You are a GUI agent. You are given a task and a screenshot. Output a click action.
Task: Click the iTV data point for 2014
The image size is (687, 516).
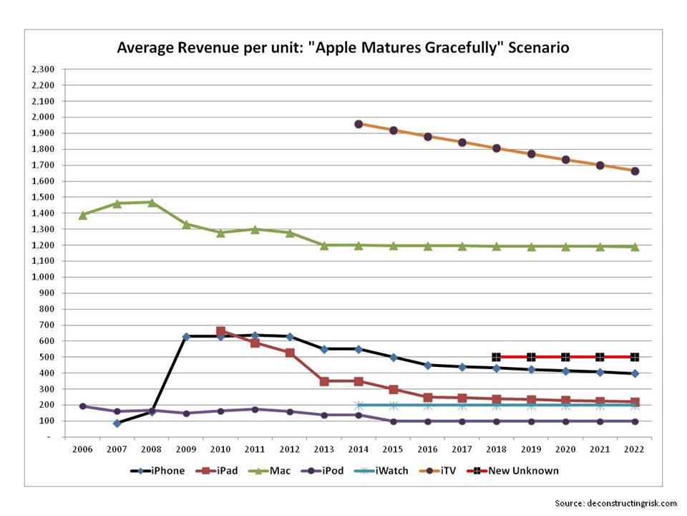coord(359,124)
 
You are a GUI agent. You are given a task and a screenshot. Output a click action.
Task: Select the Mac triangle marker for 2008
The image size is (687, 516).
coord(152,203)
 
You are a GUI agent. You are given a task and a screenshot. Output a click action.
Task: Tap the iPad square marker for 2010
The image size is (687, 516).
coord(220,332)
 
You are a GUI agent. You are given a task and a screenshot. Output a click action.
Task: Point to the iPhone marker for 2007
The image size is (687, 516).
coord(117,423)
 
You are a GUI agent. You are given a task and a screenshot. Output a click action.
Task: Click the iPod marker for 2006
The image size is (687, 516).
coord(82,406)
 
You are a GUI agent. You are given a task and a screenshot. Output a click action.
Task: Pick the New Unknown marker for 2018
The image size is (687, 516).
coord(497,357)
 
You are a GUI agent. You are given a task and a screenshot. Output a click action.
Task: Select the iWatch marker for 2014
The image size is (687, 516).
coord(359,405)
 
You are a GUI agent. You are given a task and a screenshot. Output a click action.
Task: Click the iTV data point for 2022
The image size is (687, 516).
coord(635,171)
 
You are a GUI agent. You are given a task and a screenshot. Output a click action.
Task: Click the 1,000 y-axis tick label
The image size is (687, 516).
coord(44,277)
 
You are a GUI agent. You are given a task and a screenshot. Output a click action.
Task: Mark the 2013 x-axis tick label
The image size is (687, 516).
coord(324,449)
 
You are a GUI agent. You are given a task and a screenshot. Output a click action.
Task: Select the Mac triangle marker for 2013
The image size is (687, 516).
coord(324,245)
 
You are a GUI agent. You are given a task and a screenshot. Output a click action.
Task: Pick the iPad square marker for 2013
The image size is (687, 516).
coord(324,381)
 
